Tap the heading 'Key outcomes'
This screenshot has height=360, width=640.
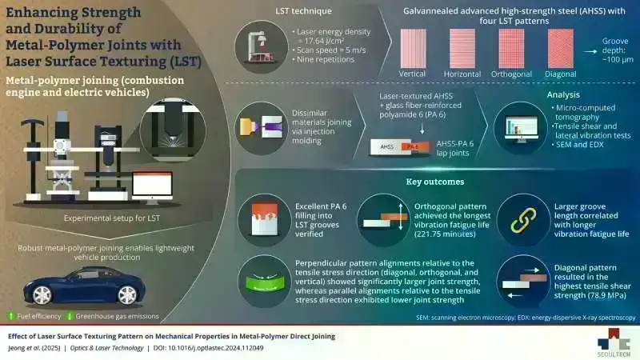coord(430,182)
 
